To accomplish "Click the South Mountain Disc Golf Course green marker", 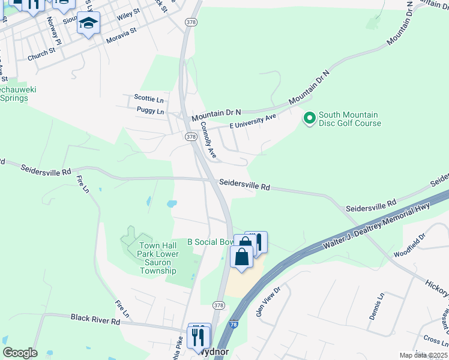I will pyautogui.click(x=309, y=118).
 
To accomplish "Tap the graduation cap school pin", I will pyautogui.click(x=89, y=23).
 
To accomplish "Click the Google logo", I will pyautogui.click(x=20, y=353).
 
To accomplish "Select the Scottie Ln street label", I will pyautogui.click(x=149, y=98).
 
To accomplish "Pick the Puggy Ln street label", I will pyautogui.click(x=150, y=111).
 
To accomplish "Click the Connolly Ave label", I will pyautogui.click(x=208, y=140).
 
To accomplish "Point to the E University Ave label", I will pyautogui.click(x=252, y=120).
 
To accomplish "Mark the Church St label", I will pyautogui.click(x=41, y=55).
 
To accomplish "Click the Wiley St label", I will pyautogui.click(x=128, y=15).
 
